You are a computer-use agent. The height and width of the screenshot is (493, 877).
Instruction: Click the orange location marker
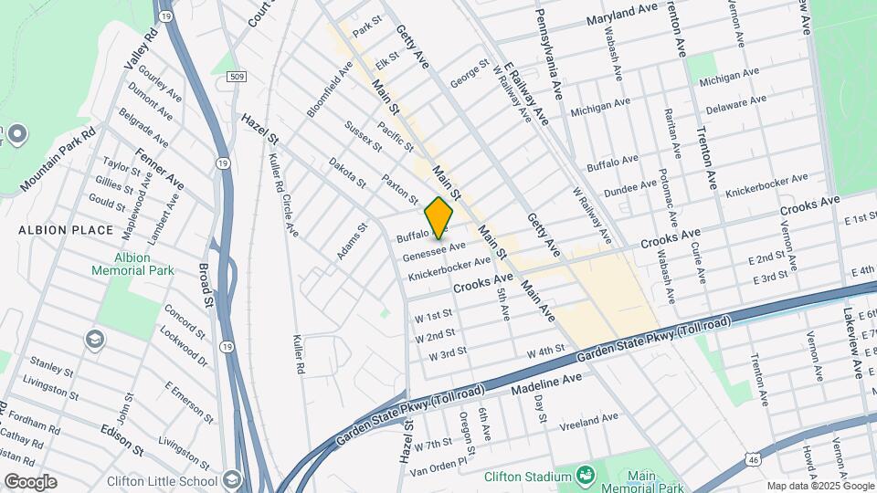point(439,217)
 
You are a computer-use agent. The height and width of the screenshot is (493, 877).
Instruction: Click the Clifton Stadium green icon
point(585,476)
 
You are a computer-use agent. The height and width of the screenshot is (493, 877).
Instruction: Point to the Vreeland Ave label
point(589,421)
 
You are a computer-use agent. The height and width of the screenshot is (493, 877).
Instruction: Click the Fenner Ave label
point(160,169)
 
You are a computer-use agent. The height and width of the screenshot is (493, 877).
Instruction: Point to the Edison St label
point(122,439)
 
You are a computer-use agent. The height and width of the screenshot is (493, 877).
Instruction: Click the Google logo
point(30,481)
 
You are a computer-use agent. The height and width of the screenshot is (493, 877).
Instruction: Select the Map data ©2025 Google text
point(819,486)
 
